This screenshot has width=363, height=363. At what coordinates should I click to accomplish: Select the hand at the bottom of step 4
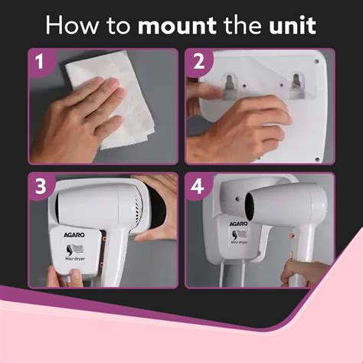coord(299,272)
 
